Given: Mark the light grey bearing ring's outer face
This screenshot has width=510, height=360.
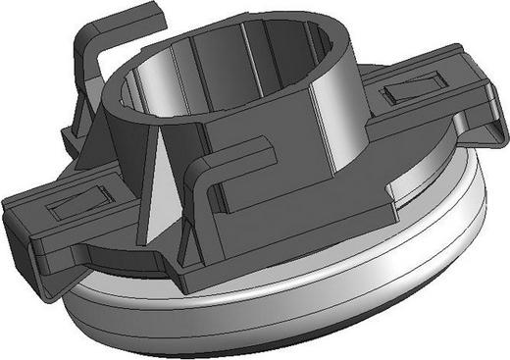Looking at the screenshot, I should tap(294, 294).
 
